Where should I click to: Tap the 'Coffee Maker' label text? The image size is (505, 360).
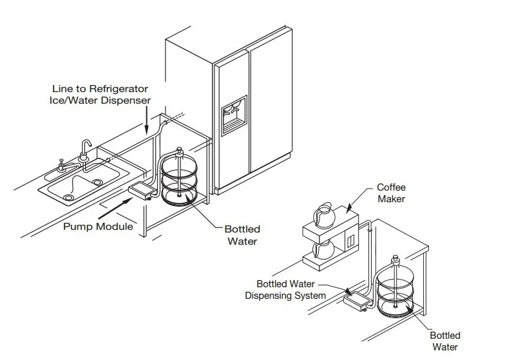(391, 193)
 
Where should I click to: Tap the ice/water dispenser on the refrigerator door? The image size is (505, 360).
(233, 116)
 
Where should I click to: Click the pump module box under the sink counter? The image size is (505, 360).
(142, 191)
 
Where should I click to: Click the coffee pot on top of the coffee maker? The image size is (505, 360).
(322, 215)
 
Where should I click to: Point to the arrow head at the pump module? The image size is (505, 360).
(131, 201)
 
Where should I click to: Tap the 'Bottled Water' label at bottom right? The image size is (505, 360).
(445, 341)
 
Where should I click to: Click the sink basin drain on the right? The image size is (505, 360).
(97, 183)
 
